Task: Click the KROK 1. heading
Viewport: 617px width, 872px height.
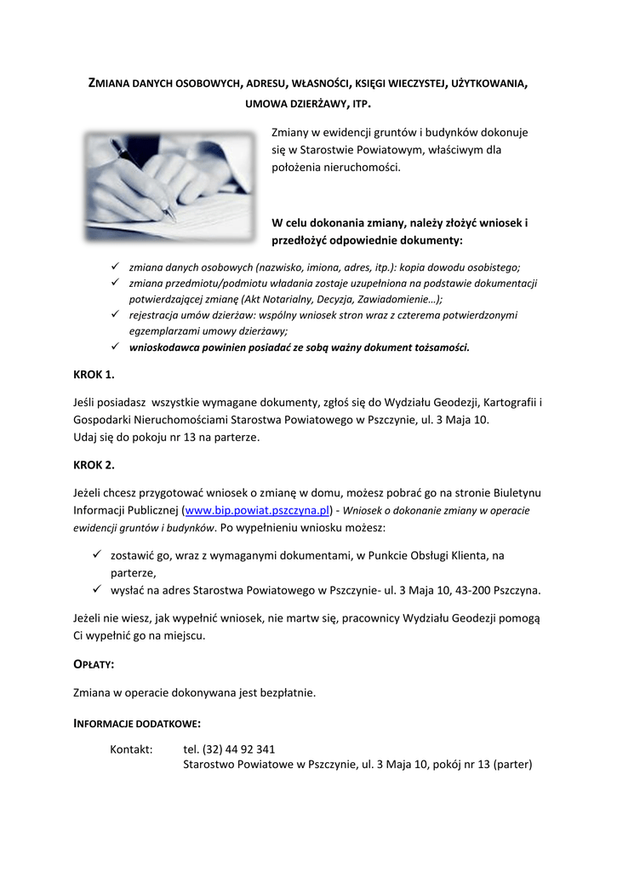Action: pyautogui.click(x=94, y=375)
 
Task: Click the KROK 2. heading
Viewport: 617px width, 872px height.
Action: pyautogui.click(x=94, y=465)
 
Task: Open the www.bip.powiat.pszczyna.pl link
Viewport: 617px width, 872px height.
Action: pyautogui.click(x=257, y=511)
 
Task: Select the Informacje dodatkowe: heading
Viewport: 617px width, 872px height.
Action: pyautogui.click(x=137, y=724)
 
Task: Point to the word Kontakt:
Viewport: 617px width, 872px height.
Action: pyautogui.click(x=131, y=749)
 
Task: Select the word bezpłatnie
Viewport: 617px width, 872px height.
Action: pyautogui.click(x=288, y=693)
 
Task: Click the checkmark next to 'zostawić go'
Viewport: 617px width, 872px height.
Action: pyautogui.click(x=98, y=555)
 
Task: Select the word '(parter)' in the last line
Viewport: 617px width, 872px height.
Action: pyautogui.click(x=512, y=765)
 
